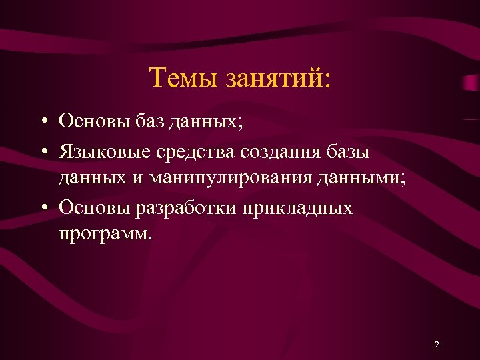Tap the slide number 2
pyautogui.click(x=437, y=345)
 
